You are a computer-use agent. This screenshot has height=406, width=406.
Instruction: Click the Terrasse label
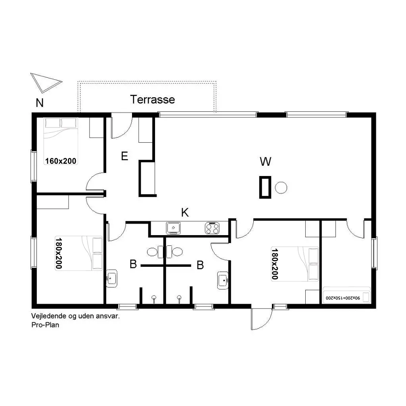pyautogui.click(x=153, y=100)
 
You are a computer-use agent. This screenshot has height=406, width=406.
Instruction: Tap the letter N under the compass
pyautogui.click(x=40, y=103)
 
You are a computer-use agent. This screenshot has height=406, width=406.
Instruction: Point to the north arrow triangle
pyautogui.click(x=46, y=82)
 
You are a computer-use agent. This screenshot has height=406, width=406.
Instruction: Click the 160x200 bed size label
pyautogui.click(x=61, y=161)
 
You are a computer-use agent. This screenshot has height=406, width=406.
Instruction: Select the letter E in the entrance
pyautogui.click(x=124, y=156)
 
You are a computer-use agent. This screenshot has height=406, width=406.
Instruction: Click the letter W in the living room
pyautogui.click(x=265, y=161)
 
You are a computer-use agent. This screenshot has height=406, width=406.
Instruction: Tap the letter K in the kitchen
pyautogui.click(x=185, y=213)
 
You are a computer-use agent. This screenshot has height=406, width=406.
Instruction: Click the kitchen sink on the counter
pyautogui.click(x=173, y=228)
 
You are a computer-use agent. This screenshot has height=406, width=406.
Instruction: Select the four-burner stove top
pyautogui.click(x=213, y=228)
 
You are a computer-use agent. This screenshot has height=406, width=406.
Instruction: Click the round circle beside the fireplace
pyautogui.click(x=281, y=188)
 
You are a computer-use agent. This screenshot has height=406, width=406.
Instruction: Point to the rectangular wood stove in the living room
pyautogui.click(x=265, y=187)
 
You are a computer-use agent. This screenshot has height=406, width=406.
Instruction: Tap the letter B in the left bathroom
pyautogui.click(x=133, y=264)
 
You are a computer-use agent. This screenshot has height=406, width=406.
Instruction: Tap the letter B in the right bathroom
pyautogui.click(x=200, y=265)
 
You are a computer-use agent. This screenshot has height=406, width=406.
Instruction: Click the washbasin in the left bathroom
pyautogui.click(x=111, y=278)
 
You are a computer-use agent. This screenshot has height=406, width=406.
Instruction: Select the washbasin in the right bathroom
pyautogui.click(x=223, y=280)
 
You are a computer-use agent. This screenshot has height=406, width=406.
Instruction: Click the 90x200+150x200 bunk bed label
pyautogui.click(x=343, y=298)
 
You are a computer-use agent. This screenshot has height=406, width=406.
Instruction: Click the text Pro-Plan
pyautogui.click(x=45, y=325)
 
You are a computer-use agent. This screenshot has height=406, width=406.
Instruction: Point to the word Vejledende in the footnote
pyautogui.click(x=47, y=316)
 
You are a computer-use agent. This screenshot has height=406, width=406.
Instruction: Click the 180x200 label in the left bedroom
pyautogui.click(x=59, y=253)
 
